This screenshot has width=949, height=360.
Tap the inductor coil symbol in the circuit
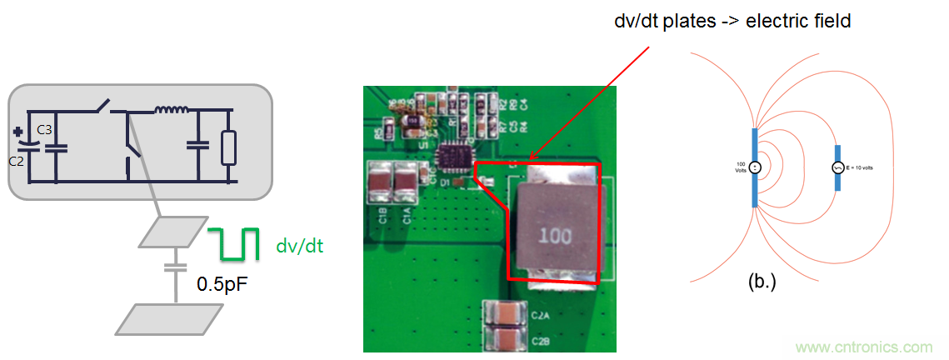(172, 109)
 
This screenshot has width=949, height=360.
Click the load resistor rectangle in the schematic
(229, 147)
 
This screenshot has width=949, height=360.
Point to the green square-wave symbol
(235, 244)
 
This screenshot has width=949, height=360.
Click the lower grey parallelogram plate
(169, 319)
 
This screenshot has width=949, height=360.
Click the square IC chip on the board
(456, 156)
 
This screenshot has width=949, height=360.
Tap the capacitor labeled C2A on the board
(505, 314)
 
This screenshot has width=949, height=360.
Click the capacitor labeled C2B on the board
(505, 339)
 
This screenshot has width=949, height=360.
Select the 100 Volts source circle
(754, 166)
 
